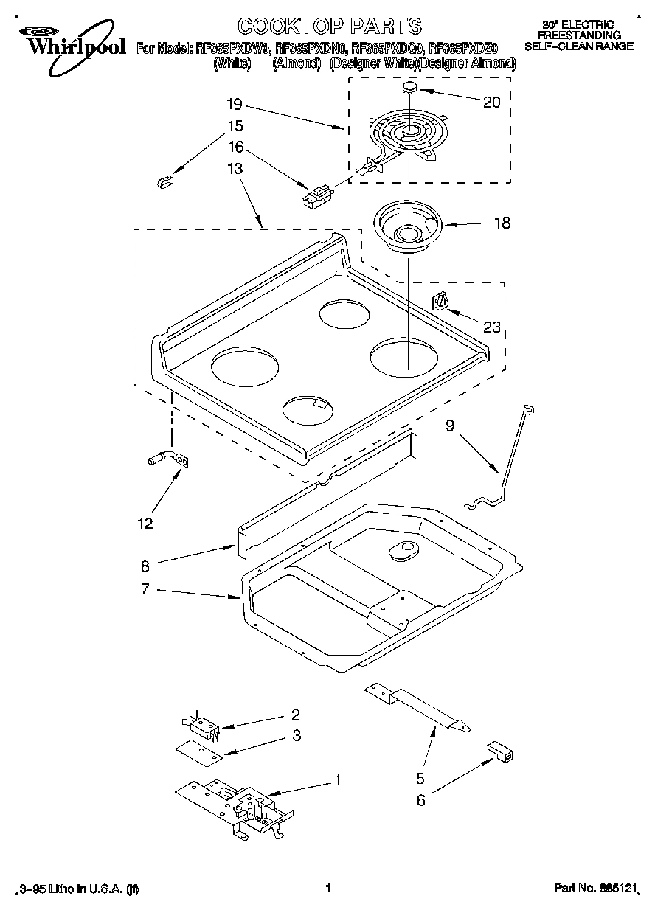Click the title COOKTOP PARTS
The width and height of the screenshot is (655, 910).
click(x=330, y=27)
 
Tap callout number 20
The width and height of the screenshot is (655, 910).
click(x=491, y=103)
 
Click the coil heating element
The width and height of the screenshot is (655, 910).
click(x=403, y=137)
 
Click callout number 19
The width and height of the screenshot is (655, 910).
click(x=235, y=104)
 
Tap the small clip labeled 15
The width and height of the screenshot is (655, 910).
click(x=165, y=181)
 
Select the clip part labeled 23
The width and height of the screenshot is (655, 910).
click(x=440, y=302)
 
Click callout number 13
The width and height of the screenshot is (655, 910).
click(x=235, y=169)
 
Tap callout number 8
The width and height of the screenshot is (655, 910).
click(x=145, y=566)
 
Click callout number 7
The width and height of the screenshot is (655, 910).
click(x=145, y=588)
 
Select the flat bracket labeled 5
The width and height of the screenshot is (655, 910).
click(x=417, y=706)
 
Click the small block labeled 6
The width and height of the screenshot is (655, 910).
click(x=502, y=752)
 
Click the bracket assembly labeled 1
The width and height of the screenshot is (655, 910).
click(x=235, y=806)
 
